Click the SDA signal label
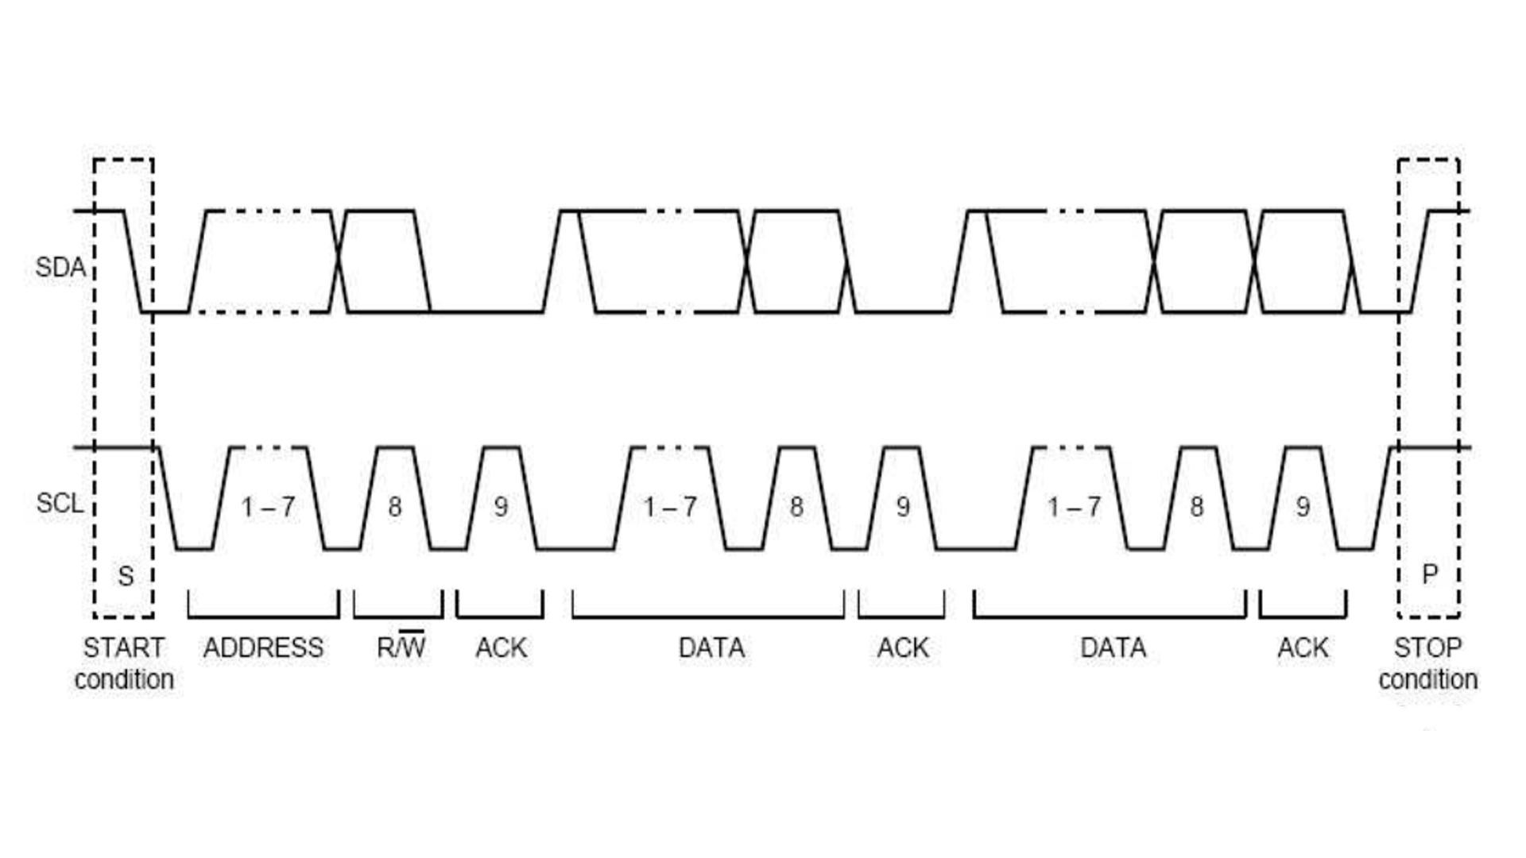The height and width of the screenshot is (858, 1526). click(x=60, y=267)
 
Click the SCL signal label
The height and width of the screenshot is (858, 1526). click(x=60, y=503)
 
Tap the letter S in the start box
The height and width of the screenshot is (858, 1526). click(x=126, y=576)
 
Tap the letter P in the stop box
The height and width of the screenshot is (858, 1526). click(x=1429, y=574)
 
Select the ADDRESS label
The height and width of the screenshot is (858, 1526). click(x=263, y=648)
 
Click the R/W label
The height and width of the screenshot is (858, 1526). click(x=401, y=647)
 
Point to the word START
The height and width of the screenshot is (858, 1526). click(x=124, y=648)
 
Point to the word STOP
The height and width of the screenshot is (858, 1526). click(x=1427, y=648)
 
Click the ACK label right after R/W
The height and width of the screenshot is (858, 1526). click(x=501, y=648)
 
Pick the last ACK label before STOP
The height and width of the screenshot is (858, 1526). click(x=1303, y=648)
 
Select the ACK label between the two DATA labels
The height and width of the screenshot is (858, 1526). click(x=902, y=648)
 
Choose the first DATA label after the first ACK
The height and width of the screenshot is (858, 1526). click(x=711, y=648)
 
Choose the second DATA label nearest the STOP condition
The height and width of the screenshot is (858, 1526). click(x=1113, y=648)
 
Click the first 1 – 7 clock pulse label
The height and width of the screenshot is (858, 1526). click(x=268, y=507)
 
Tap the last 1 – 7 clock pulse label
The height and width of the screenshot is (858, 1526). click(x=1074, y=507)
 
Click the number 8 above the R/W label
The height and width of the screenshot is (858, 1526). click(x=395, y=507)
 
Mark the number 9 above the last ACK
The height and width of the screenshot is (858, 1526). click(x=1303, y=507)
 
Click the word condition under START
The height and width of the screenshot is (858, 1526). click(x=124, y=680)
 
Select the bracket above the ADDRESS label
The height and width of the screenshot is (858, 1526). click(x=263, y=615)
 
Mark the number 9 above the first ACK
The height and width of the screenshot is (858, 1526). click(x=501, y=507)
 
